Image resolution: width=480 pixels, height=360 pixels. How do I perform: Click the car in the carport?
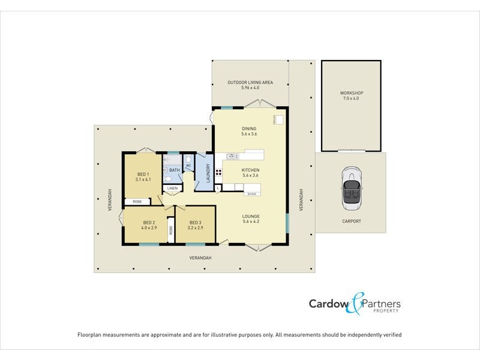[351, 188]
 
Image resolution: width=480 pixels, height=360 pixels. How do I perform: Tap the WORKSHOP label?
[352, 93]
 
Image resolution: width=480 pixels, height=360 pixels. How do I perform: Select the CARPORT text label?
[351, 221]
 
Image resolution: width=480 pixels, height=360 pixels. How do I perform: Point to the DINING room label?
[249, 128]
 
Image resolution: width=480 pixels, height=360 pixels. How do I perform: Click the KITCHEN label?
[250, 170]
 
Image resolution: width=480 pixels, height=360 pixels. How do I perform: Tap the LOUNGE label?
[250, 216]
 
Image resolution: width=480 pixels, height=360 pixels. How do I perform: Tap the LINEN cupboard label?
[172, 188]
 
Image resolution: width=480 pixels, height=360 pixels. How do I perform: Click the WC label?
[188, 166]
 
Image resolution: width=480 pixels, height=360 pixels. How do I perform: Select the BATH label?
[174, 170]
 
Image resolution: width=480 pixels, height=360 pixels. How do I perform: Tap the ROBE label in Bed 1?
[137, 202]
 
